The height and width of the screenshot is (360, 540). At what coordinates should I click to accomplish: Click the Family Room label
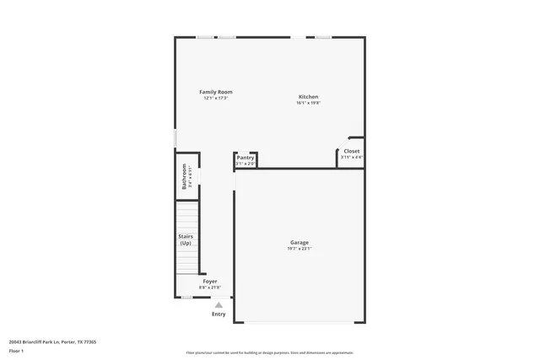click(216, 92)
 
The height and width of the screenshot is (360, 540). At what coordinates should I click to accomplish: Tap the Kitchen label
click(308, 97)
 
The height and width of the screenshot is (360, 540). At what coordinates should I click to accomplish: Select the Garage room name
click(300, 243)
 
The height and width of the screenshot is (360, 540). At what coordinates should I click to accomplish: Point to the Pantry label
click(246, 158)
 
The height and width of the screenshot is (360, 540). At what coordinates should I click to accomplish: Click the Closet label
click(351, 152)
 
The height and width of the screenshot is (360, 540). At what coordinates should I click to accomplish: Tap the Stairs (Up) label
click(186, 239)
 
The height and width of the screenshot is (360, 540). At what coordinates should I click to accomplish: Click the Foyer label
click(209, 281)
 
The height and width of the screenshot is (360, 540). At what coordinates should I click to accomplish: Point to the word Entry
click(219, 314)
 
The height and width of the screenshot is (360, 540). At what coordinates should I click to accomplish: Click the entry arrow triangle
click(219, 304)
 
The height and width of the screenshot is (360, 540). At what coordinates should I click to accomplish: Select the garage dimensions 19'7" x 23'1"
click(300, 249)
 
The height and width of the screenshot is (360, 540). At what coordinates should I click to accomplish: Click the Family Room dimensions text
click(216, 98)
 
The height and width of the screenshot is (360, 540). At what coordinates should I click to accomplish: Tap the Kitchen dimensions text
click(308, 103)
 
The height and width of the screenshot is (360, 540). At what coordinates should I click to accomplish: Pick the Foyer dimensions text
click(209, 287)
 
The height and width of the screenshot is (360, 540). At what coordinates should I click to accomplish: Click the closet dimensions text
click(351, 158)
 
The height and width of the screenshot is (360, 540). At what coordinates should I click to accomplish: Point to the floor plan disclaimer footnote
click(270, 352)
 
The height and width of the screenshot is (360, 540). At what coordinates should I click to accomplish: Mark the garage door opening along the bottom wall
click(300, 321)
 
